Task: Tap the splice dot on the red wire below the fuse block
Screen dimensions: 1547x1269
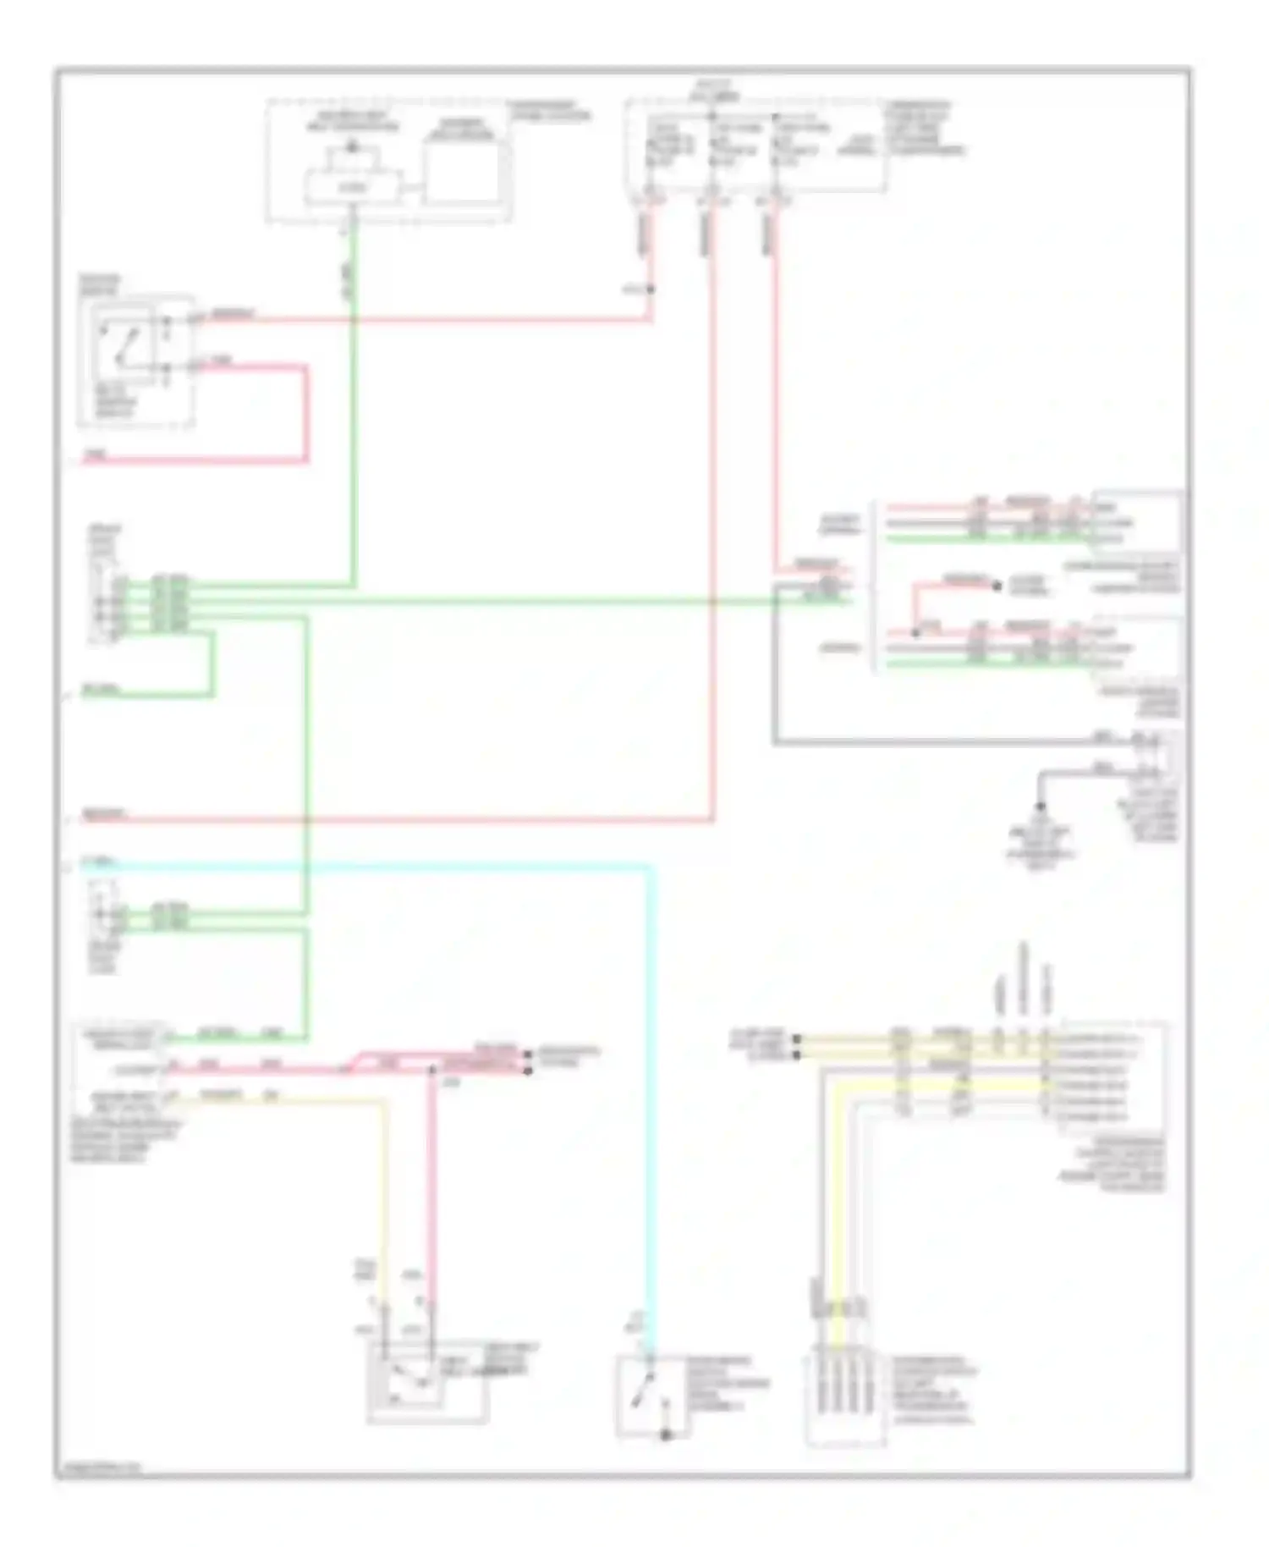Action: pos(651,289)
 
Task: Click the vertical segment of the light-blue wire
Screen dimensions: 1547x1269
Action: pos(650,1100)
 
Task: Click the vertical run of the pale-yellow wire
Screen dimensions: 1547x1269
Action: pos(385,1202)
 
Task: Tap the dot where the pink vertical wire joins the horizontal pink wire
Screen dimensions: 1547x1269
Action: pos(431,1071)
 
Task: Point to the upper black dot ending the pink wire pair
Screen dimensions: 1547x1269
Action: pos(528,1054)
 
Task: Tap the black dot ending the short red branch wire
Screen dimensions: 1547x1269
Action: pos(997,585)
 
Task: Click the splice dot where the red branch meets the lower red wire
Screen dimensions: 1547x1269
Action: pos(915,632)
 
